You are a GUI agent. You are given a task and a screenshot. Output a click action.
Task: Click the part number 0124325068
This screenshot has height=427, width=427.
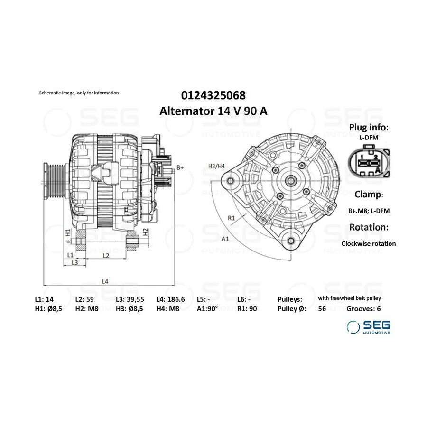point(213,95)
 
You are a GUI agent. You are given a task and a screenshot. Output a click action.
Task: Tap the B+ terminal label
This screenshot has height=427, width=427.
point(180,167)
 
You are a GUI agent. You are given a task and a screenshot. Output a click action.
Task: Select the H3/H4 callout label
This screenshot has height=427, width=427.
point(216,166)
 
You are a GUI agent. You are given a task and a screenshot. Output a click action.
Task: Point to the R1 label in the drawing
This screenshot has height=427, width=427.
point(231,218)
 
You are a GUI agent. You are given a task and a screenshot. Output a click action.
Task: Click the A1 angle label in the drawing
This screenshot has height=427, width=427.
point(225,239)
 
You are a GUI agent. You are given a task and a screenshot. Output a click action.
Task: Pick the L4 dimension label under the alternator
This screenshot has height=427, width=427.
point(105,281)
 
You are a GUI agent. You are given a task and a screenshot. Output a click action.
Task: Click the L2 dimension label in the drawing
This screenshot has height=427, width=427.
point(106,255)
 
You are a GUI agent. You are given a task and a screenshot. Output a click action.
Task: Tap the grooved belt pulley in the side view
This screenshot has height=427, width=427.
point(54,181)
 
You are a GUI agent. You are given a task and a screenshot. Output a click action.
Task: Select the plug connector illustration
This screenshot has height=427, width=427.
point(369,162)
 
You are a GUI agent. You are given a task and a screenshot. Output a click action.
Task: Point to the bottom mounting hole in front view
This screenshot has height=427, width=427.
point(291,241)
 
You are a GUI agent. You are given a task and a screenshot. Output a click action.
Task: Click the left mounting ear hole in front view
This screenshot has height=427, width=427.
point(231,181)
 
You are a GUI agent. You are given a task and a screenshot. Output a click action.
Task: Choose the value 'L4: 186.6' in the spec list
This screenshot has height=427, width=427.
point(170,299)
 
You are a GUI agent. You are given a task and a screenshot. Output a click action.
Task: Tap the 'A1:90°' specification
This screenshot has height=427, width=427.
point(207,309)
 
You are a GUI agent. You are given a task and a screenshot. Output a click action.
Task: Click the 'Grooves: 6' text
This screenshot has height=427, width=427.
point(363,309)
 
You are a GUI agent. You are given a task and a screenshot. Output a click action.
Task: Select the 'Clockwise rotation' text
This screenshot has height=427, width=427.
point(369,244)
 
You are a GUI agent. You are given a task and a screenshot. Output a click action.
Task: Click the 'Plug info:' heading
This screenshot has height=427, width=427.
point(369,127)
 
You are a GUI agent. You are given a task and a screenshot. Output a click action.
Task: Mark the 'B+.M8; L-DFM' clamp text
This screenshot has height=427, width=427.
point(369,211)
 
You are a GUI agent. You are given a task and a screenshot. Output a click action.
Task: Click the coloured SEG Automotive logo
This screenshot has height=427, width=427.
point(368,327)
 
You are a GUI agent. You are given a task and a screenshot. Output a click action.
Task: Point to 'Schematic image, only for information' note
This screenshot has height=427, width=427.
point(79,93)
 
